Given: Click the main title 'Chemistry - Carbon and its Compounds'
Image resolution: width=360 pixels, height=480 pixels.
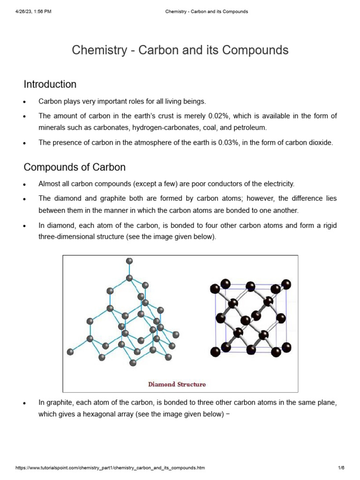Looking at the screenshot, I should point(180,50).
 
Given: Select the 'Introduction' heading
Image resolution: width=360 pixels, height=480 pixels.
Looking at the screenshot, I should point(50,84).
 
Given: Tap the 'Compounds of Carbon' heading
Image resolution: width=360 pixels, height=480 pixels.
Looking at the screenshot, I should point(75,167).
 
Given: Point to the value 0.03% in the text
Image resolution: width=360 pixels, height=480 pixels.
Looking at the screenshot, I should point(229,143).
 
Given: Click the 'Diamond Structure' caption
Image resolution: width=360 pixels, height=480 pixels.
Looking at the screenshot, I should point(177,384).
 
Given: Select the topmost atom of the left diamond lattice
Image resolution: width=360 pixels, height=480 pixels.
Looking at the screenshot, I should point(129,261).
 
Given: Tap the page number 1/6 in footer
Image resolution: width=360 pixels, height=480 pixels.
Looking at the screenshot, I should point(341,468).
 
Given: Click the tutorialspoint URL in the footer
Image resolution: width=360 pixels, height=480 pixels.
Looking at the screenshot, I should point(110,468).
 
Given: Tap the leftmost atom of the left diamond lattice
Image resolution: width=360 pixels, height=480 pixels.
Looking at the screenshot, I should point(71,352).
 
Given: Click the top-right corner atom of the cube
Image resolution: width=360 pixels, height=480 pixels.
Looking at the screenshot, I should point(286,284).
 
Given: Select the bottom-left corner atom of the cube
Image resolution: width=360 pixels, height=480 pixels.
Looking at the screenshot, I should point(215,352).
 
